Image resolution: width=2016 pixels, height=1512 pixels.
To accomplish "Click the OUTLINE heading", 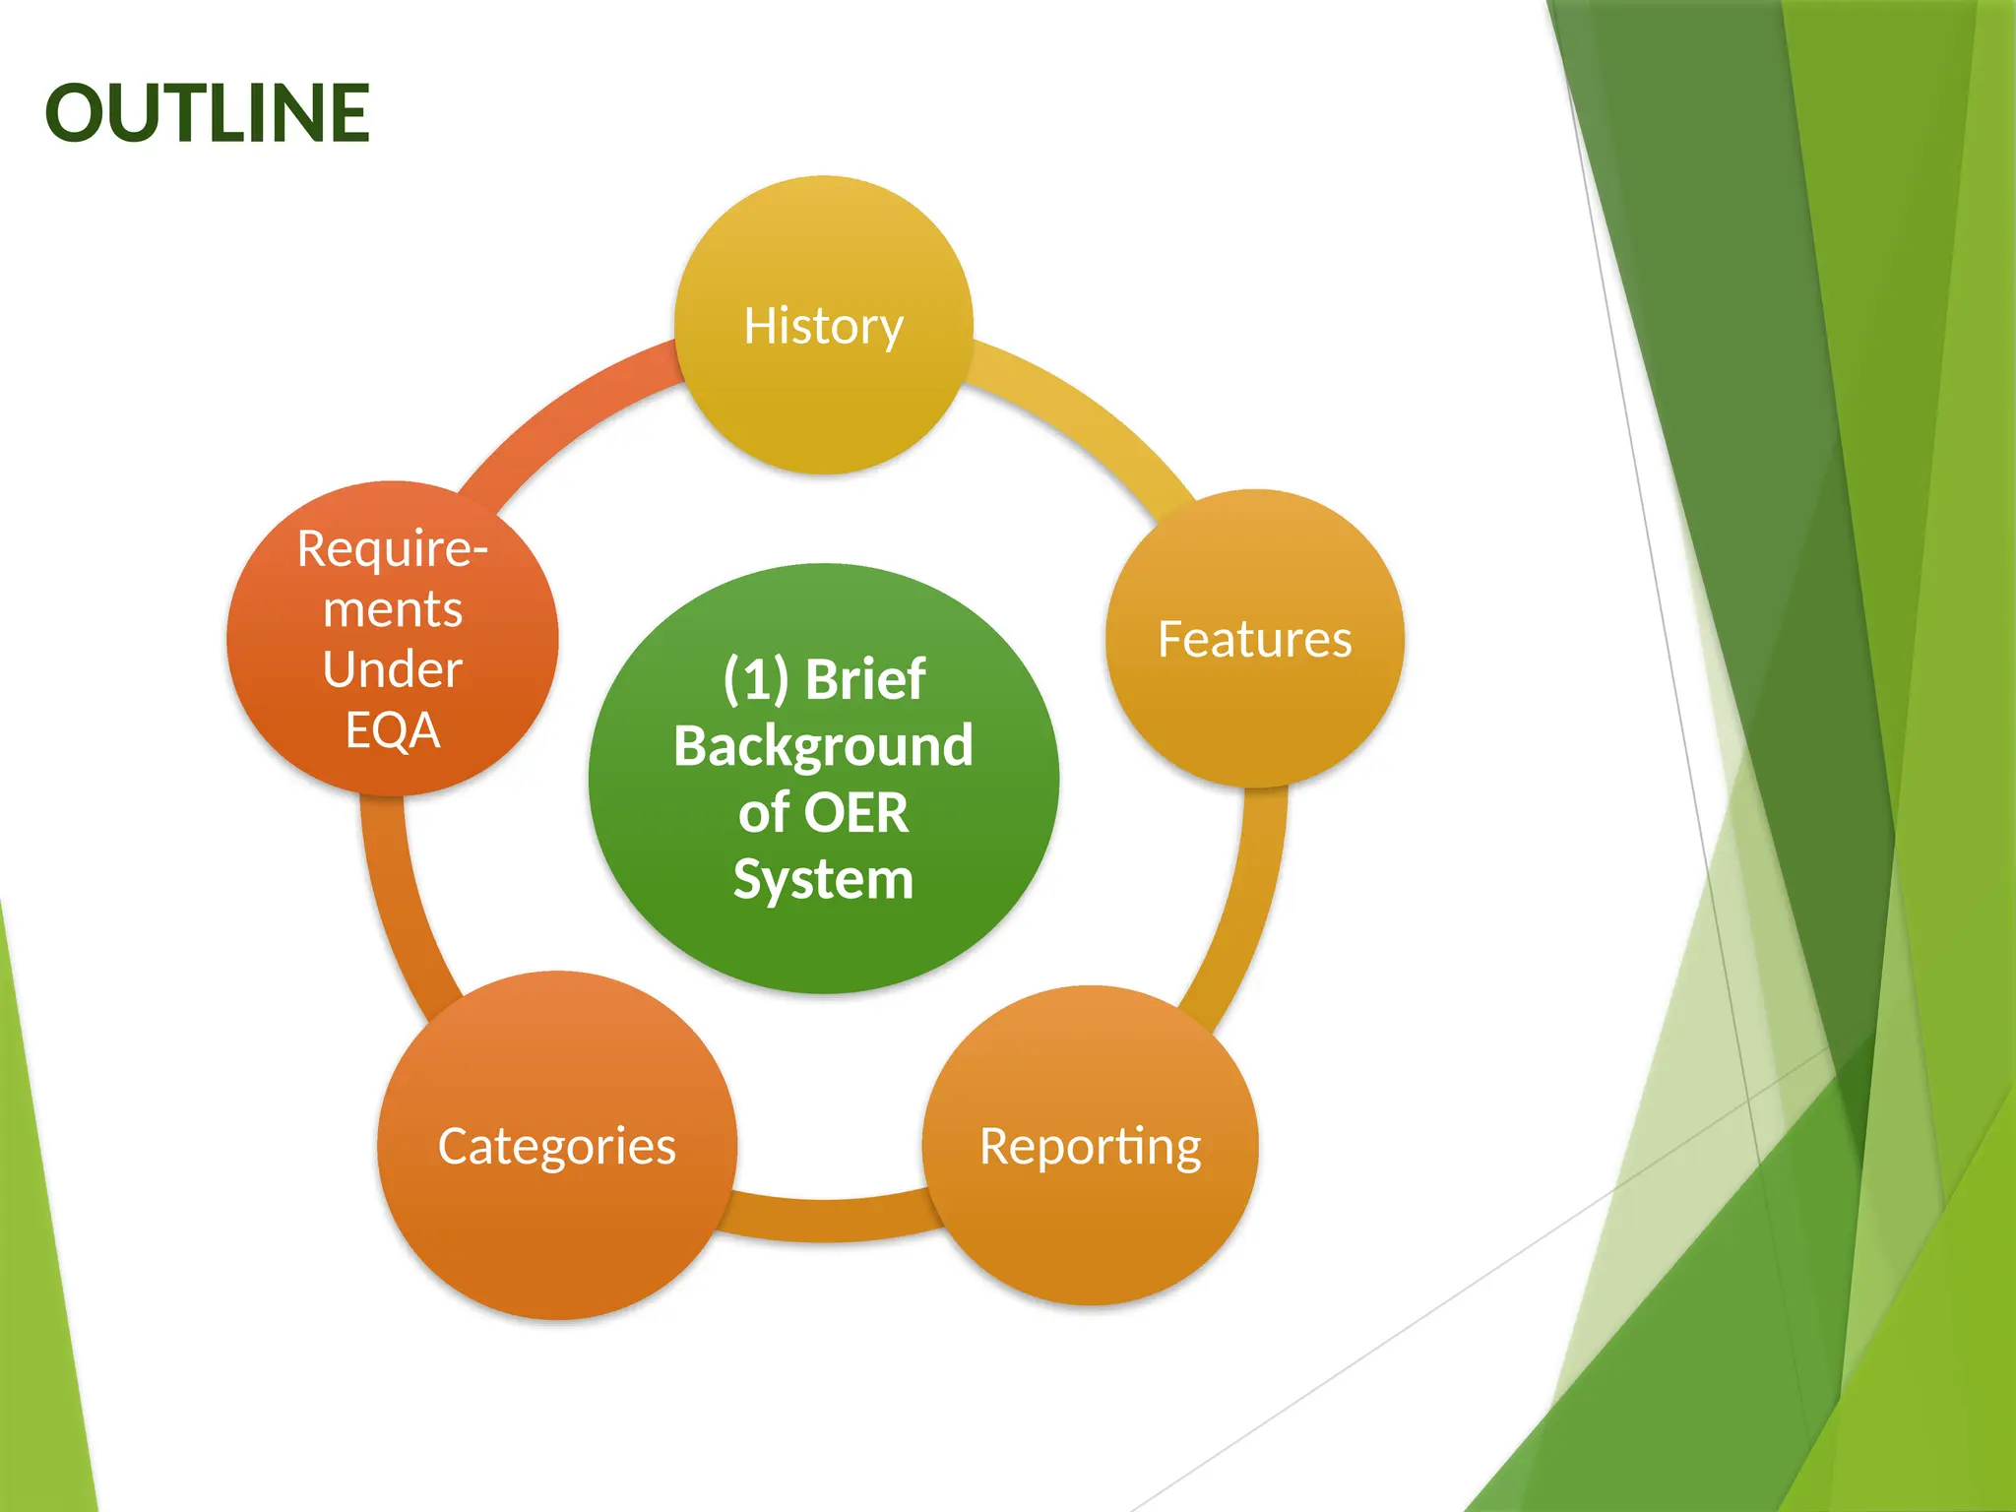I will click(x=207, y=113).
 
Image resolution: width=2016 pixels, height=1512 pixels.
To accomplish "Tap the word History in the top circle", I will click(x=823, y=326).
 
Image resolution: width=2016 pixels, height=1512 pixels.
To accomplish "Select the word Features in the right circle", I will click(x=1254, y=639).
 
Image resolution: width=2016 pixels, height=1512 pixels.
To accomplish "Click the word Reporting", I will click(x=1090, y=1147).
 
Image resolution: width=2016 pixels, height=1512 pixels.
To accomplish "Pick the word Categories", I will click(x=556, y=1147).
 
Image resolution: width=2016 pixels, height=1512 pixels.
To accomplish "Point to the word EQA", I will click(x=392, y=730).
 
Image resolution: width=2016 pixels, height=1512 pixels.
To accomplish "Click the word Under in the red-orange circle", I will click(x=392, y=670).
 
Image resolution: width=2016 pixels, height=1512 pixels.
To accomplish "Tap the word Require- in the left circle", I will click(x=392, y=548).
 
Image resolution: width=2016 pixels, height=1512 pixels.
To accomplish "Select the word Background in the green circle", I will click(x=823, y=745).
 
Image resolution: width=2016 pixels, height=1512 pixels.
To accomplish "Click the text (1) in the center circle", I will click(x=756, y=679).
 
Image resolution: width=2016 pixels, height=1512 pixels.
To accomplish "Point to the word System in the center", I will click(x=823, y=879).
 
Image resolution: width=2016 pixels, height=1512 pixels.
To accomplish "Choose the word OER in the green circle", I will click(x=855, y=813).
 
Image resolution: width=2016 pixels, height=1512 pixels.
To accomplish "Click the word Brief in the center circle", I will click(x=865, y=679).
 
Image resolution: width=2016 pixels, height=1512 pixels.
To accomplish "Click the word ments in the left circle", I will click(x=392, y=609).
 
